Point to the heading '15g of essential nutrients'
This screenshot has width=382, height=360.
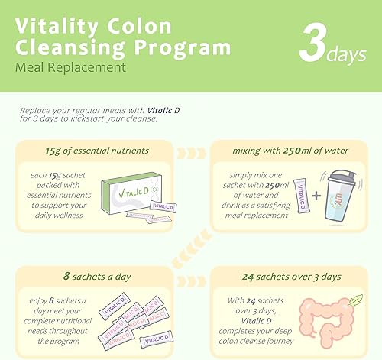(x=97, y=150)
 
